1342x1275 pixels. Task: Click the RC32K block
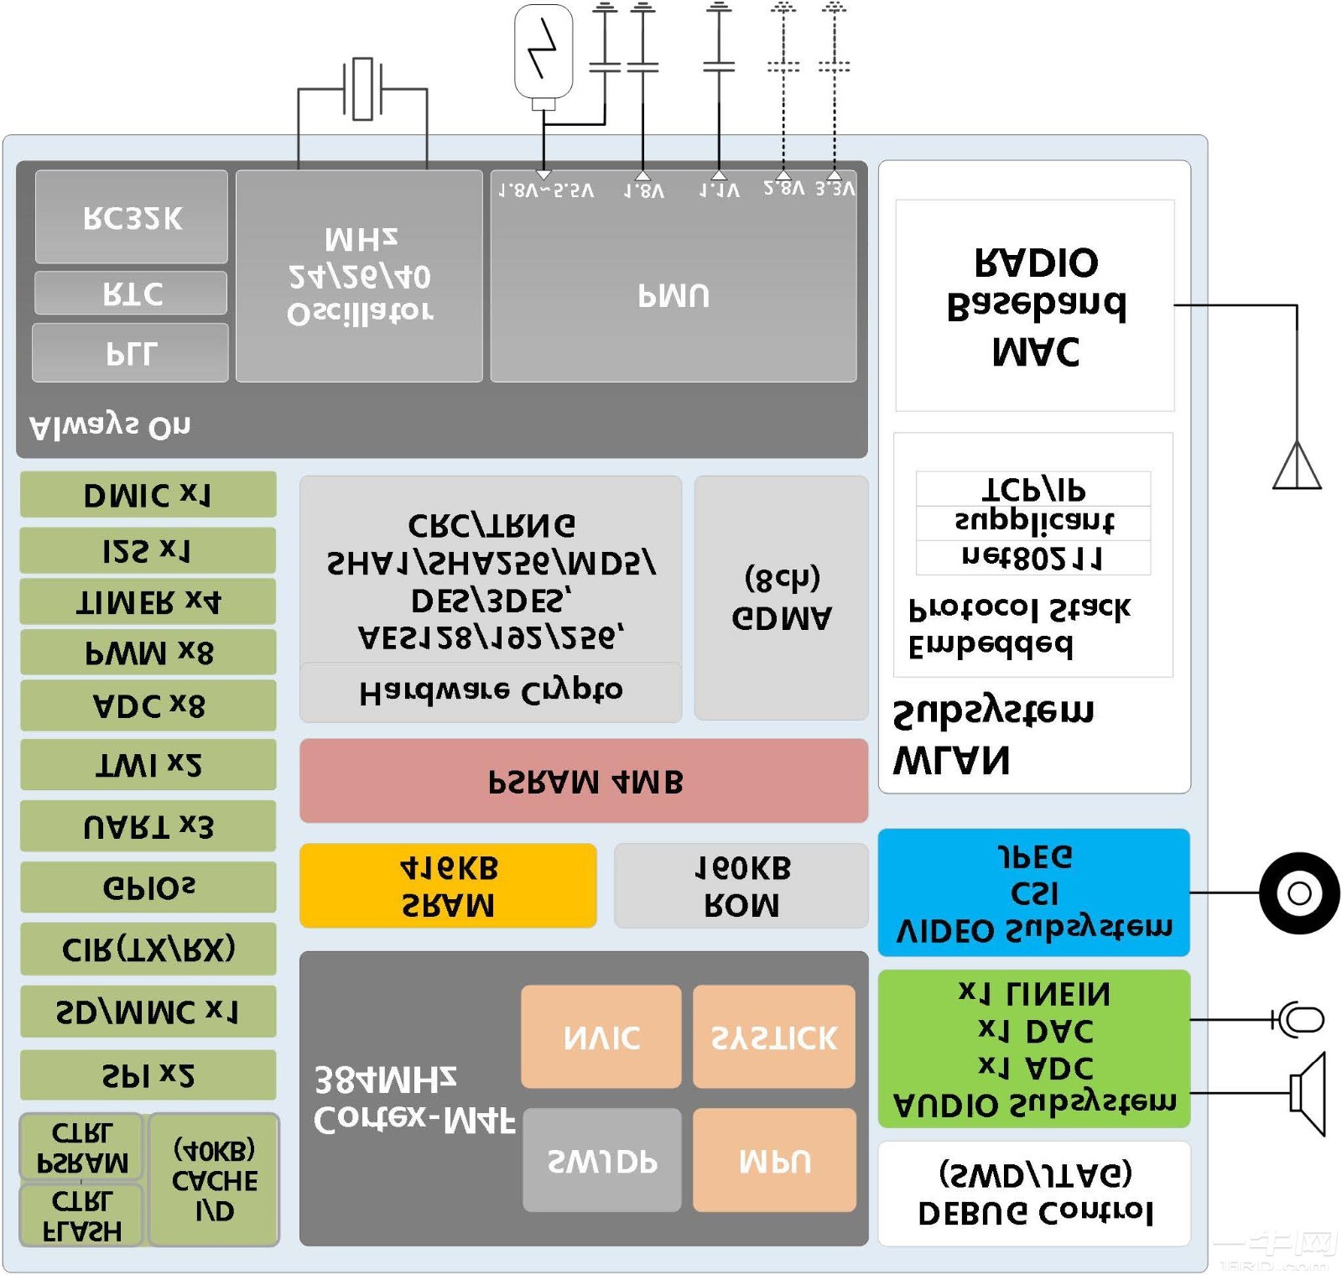click(132, 217)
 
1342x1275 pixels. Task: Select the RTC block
click(131, 293)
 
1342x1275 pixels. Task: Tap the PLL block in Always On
click(131, 353)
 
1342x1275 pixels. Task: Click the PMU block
click(674, 294)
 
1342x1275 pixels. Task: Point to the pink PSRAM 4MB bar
click(584, 781)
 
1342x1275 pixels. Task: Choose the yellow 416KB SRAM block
click(448, 886)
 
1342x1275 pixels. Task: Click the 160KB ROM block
click(741, 886)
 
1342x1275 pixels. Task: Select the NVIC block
click(601, 1037)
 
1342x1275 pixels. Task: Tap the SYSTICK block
click(773, 1037)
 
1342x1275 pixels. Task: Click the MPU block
click(774, 1160)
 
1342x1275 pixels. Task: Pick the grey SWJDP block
click(601, 1160)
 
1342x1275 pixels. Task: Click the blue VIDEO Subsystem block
click(1033, 892)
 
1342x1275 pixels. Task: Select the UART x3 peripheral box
click(148, 826)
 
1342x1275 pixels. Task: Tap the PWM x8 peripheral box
click(148, 652)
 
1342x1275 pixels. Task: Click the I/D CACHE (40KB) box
click(214, 1179)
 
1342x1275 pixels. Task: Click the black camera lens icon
click(1299, 892)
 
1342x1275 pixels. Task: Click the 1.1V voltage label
click(720, 190)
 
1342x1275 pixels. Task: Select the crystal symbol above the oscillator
click(362, 88)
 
